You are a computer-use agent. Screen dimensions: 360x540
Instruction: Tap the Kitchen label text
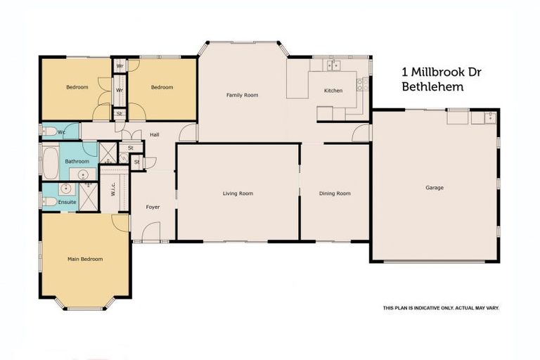[333, 91]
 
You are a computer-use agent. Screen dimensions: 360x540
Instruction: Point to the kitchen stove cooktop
[362, 84]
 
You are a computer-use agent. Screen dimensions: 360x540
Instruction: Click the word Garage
[434, 188]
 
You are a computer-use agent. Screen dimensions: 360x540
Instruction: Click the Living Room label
[238, 193]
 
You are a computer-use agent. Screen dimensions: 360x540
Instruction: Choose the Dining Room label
[335, 193]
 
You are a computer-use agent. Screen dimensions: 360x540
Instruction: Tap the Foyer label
[153, 207]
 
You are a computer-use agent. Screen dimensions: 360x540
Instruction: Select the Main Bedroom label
[85, 259]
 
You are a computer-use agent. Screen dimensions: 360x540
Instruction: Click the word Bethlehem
[432, 87]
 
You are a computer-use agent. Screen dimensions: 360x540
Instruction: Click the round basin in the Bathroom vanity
[83, 174]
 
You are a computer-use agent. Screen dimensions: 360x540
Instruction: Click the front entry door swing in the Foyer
[153, 231]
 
